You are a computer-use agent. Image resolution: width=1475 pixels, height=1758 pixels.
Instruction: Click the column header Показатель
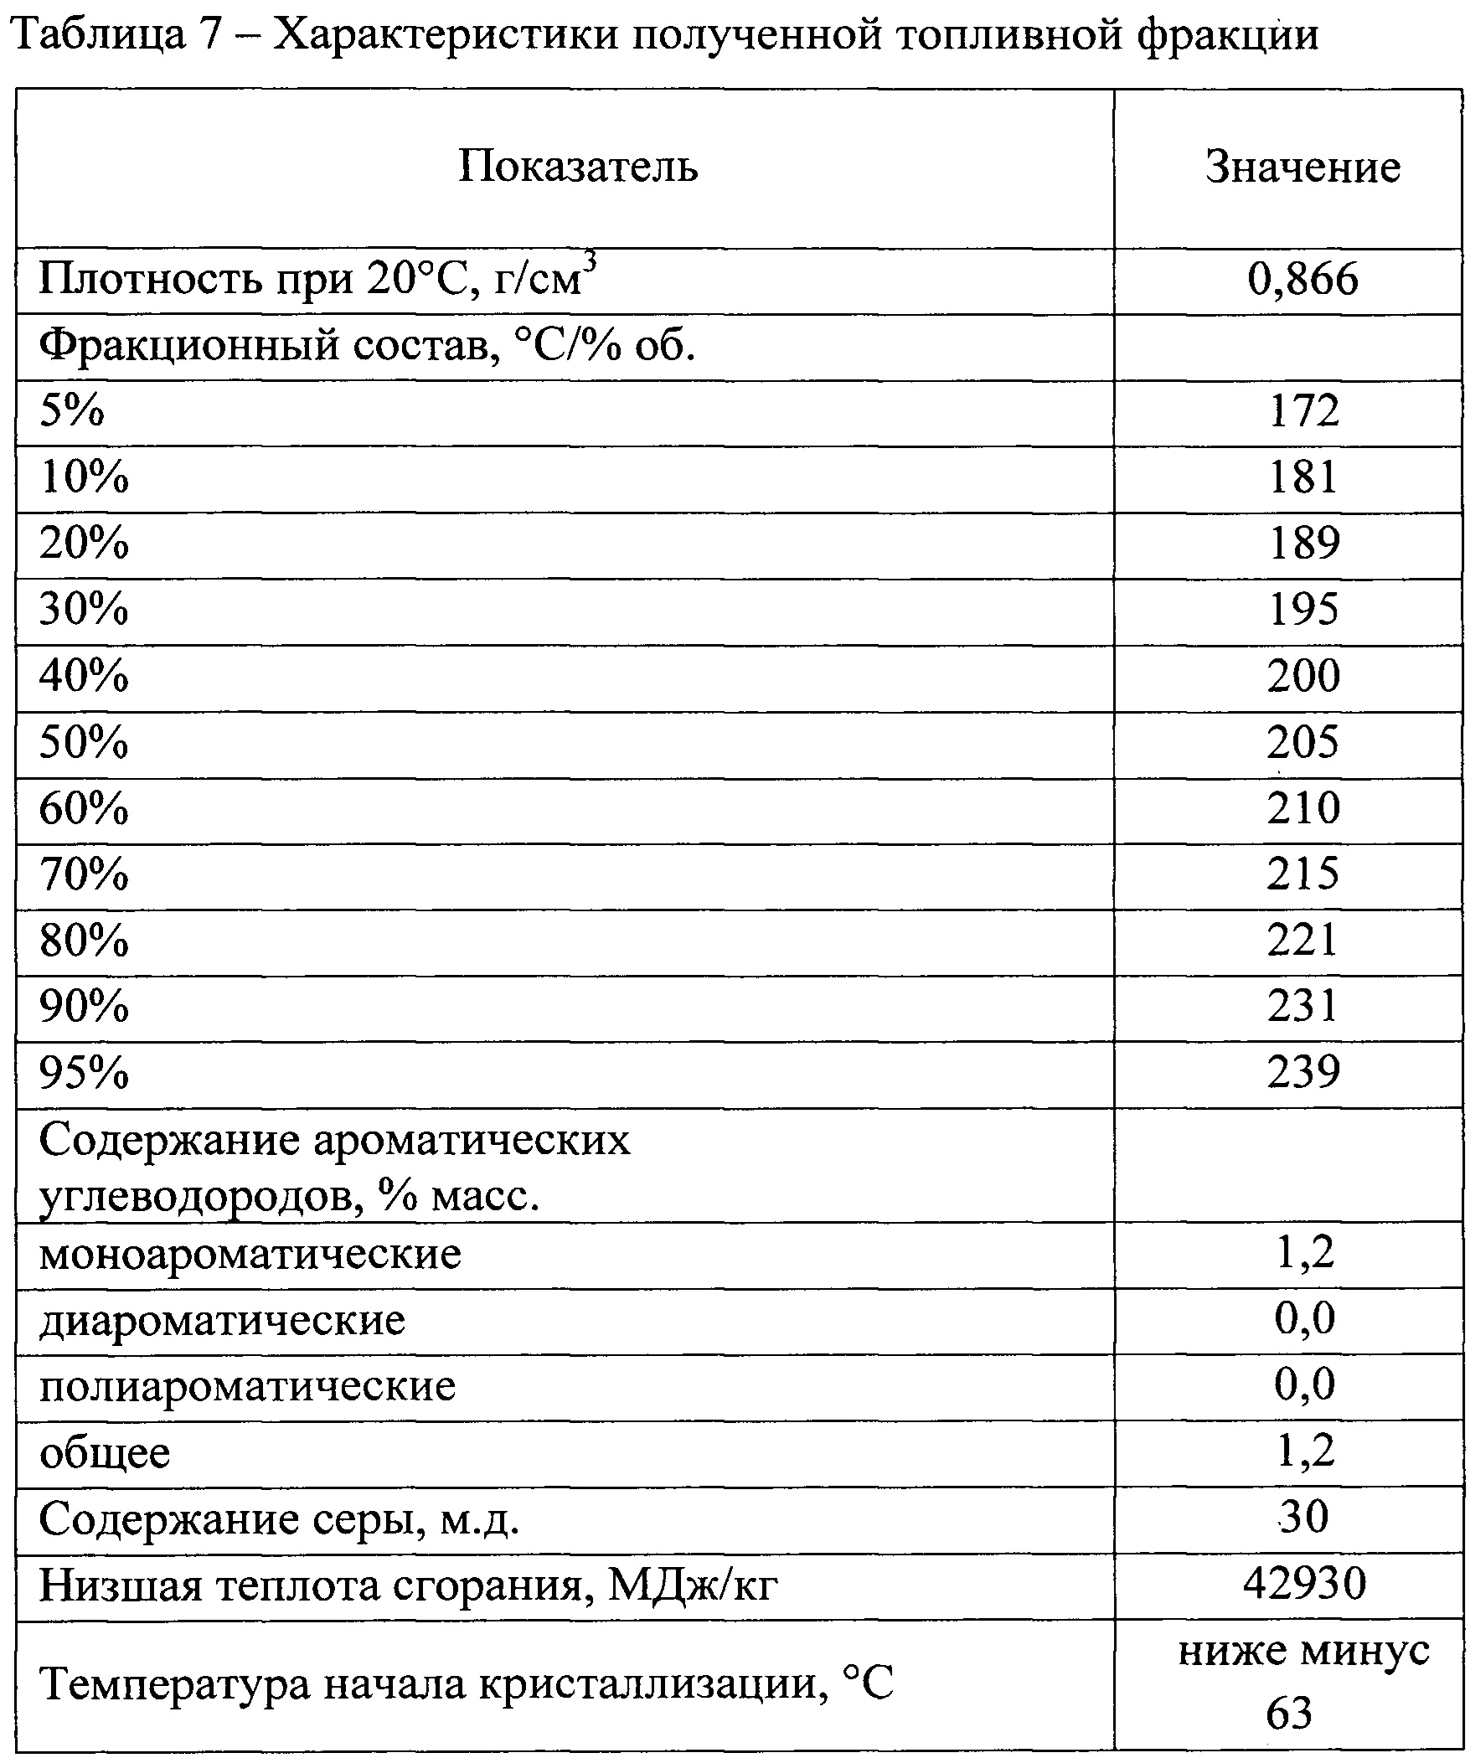click(578, 167)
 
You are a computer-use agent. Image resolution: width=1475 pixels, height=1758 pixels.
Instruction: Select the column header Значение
click(1302, 167)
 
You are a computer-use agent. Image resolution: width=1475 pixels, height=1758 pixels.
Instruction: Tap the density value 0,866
click(1302, 281)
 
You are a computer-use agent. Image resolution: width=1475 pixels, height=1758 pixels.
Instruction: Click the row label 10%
click(85, 478)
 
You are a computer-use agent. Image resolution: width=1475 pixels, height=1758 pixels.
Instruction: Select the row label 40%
click(85, 676)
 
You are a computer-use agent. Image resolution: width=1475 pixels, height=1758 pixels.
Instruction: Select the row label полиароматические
click(247, 1387)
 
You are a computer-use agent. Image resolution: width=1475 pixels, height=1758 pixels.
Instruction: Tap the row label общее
click(105, 1453)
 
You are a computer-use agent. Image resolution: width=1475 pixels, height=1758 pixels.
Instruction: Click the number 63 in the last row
click(1289, 1714)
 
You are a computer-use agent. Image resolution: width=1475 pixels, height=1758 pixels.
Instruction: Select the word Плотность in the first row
click(149, 281)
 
